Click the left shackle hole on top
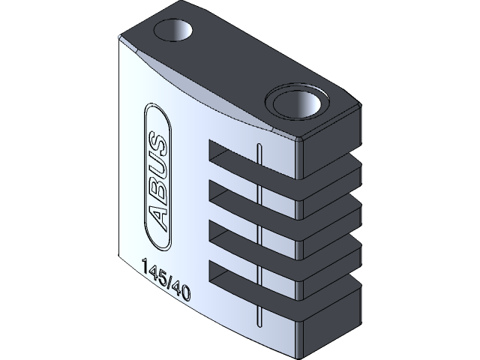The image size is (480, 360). (173, 31)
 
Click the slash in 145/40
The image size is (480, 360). (168, 282)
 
